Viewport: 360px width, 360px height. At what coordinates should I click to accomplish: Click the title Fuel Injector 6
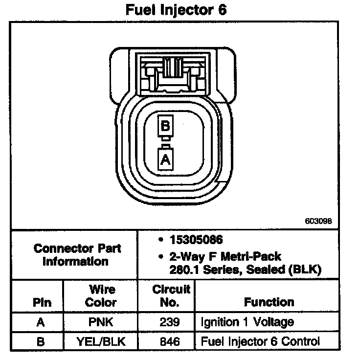[177, 10]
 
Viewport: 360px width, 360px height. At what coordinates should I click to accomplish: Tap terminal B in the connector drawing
[165, 126]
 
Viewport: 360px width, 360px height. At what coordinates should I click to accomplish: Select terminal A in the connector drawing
[165, 159]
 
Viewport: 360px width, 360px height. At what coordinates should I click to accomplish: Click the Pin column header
[42, 302]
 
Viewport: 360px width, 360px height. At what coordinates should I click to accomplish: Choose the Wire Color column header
[101, 296]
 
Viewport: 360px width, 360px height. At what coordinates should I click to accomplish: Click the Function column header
[269, 302]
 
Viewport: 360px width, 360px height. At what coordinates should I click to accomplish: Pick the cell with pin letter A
[42, 322]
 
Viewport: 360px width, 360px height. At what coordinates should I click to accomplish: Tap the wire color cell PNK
[101, 322]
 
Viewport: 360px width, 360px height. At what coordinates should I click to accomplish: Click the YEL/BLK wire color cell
[101, 341]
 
